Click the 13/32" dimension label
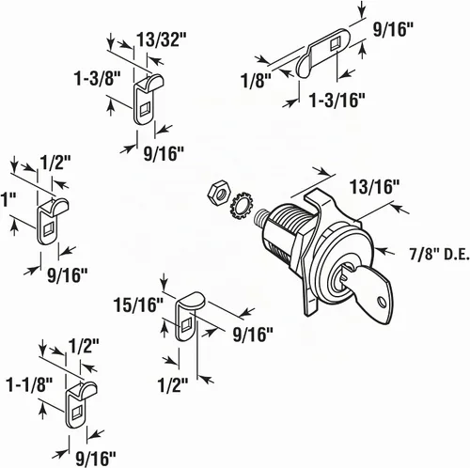click(161, 39)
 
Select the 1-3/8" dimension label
click(97, 78)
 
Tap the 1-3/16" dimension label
click(337, 101)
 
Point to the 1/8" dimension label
click(256, 81)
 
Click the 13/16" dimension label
click(375, 187)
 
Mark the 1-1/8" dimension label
click(30, 384)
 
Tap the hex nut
click(219, 190)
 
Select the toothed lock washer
click(242, 208)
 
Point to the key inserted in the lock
click(368, 290)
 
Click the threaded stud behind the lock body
click(261, 217)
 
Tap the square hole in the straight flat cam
click(335, 44)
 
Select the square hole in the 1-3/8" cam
click(145, 109)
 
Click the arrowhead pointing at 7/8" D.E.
click(382, 251)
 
